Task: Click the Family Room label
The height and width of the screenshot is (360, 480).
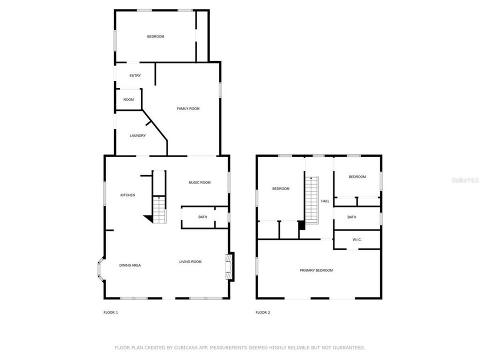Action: pos(188,108)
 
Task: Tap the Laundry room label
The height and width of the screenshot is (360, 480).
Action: pos(138,135)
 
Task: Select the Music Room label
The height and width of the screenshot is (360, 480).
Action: pos(199,182)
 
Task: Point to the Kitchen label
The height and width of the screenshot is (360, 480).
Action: pos(127,195)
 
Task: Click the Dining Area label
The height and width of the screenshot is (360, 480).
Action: pos(130,265)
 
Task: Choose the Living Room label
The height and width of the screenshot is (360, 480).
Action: pos(190,261)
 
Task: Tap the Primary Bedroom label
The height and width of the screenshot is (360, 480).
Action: pos(316,270)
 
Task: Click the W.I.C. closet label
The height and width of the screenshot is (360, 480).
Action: pos(357,239)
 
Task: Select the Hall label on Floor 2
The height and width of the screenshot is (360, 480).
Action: pos(325,201)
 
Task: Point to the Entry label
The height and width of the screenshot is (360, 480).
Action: pos(135,75)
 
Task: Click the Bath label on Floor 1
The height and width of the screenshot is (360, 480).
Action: pos(202,217)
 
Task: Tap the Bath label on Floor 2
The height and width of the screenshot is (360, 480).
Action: pos(351,217)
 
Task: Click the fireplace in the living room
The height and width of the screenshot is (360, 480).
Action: pos(229,266)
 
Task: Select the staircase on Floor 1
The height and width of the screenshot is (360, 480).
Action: pos(159,209)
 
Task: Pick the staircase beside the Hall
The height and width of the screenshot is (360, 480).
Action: pos(312,200)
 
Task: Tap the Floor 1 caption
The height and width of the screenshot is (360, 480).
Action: pos(111,312)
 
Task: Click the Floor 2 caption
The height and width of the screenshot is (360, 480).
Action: pos(263,312)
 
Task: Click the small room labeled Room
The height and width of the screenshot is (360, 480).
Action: pos(128,99)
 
